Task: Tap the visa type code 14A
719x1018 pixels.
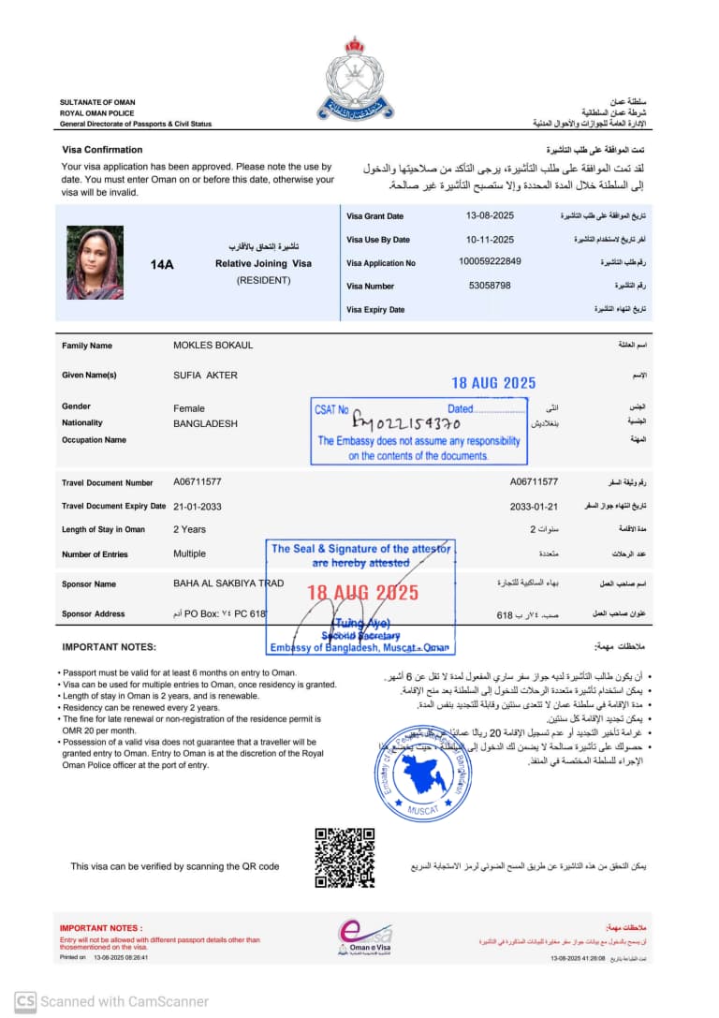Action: pyautogui.click(x=162, y=265)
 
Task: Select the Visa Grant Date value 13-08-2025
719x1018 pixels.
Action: pyautogui.click(x=491, y=216)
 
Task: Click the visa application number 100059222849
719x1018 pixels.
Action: pyautogui.click(x=491, y=262)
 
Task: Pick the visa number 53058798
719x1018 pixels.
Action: pyautogui.click(x=490, y=286)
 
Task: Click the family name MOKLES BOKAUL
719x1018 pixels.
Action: pyautogui.click(x=213, y=346)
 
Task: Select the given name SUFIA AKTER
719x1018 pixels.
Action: pyautogui.click(x=205, y=376)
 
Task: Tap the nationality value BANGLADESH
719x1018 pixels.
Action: pyautogui.click(x=205, y=423)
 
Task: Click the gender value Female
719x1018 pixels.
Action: pyautogui.click(x=188, y=408)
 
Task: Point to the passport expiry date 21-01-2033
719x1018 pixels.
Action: pyautogui.click(x=197, y=506)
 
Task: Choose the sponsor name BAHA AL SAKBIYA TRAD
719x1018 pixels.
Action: pyautogui.click(x=228, y=583)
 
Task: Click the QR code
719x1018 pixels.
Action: pyautogui.click(x=345, y=858)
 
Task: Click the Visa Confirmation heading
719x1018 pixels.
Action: pyautogui.click(x=102, y=150)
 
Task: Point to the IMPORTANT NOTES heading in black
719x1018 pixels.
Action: pyautogui.click(x=109, y=647)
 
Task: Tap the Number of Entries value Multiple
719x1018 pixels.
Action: pyautogui.click(x=189, y=554)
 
